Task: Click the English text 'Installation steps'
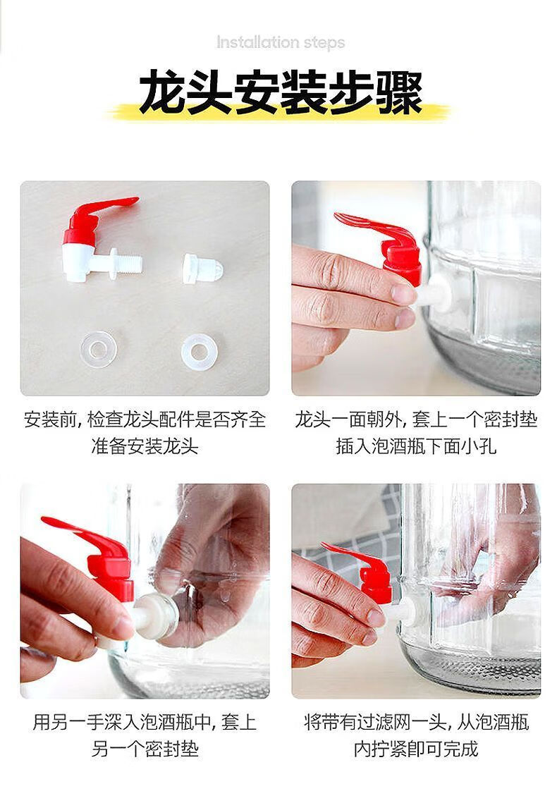point(281,42)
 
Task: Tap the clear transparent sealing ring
point(98,349)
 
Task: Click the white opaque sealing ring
point(200,350)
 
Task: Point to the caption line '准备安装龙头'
point(145,446)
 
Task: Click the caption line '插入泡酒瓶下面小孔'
point(416,446)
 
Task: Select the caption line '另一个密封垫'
point(145,749)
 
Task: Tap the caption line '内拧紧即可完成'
point(416,749)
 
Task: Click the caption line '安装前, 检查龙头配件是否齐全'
point(145,419)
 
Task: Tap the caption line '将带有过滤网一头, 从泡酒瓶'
point(416,723)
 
